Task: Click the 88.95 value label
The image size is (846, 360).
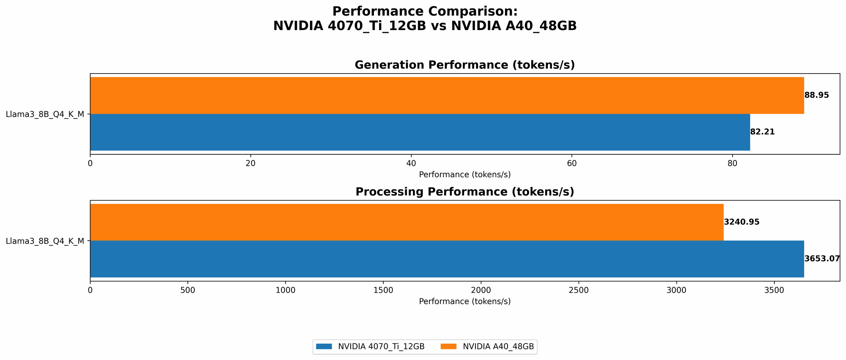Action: pyautogui.click(x=816, y=95)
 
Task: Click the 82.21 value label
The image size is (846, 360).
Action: pyautogui.click(x=762, y=132)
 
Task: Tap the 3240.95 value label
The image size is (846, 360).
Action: pyautogui.click(x=742, y=222)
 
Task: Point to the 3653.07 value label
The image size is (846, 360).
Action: pyautogui.click(x=821, y=259)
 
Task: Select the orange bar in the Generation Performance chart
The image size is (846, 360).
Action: pyautogui.click(x=447, y=96)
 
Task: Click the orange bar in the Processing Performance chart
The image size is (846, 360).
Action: pyautogui.click(x=407, y=223)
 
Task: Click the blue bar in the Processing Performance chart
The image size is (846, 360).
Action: pyautogui.click(x=447, y=259)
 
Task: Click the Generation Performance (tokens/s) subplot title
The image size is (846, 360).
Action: pyautogui.click(x=464, y=65)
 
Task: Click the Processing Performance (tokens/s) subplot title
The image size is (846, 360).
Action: pyautogui.click(x=464, y=192)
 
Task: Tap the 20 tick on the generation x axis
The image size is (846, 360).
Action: pyautogui.click(x=250, y=163)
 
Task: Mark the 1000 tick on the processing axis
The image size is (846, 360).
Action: pyautogui.click(x=286, y=290)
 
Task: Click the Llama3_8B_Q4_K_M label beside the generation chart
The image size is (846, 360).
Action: pyautogui.click(x=45, y=114)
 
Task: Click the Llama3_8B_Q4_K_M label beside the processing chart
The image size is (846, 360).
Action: pyautogui.click(x=45, y=241)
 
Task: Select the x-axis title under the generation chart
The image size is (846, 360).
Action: pyautogui.click(x=464, y=174)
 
